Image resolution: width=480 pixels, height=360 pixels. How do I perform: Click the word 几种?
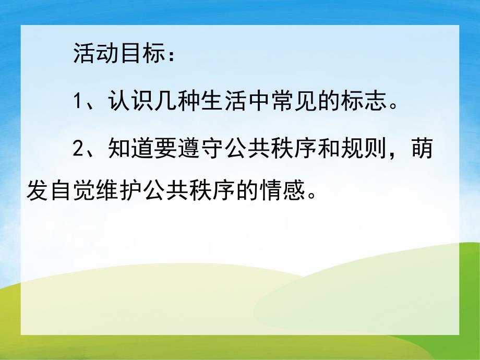[178, 101]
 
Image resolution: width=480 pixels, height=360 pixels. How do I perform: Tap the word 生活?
[225, 101]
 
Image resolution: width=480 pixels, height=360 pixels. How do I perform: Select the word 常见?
[296, 101]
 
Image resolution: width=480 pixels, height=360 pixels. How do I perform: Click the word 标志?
[367, 101]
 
